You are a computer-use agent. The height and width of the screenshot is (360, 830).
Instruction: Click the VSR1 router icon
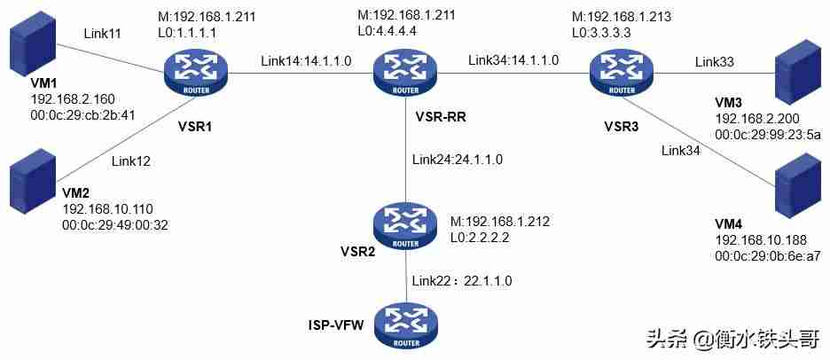[195, 74]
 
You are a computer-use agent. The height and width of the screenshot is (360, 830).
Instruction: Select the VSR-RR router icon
[405, 74]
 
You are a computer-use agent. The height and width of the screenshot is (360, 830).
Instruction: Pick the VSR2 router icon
[405, 227]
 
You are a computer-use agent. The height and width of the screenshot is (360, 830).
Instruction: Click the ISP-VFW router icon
[405, 328]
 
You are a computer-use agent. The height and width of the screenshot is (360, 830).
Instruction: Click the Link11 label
[102, 34]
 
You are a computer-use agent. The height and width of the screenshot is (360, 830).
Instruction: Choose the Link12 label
[130, 161]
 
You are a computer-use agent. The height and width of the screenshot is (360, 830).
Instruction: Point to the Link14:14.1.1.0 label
[305, 61]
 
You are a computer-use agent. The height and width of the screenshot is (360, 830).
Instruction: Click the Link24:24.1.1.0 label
[457, 159]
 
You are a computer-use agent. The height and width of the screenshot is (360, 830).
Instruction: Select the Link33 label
[714, 62]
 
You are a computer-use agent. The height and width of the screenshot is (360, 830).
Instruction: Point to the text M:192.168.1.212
[500, 222]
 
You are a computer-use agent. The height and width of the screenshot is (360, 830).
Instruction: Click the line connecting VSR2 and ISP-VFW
[405, 278]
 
